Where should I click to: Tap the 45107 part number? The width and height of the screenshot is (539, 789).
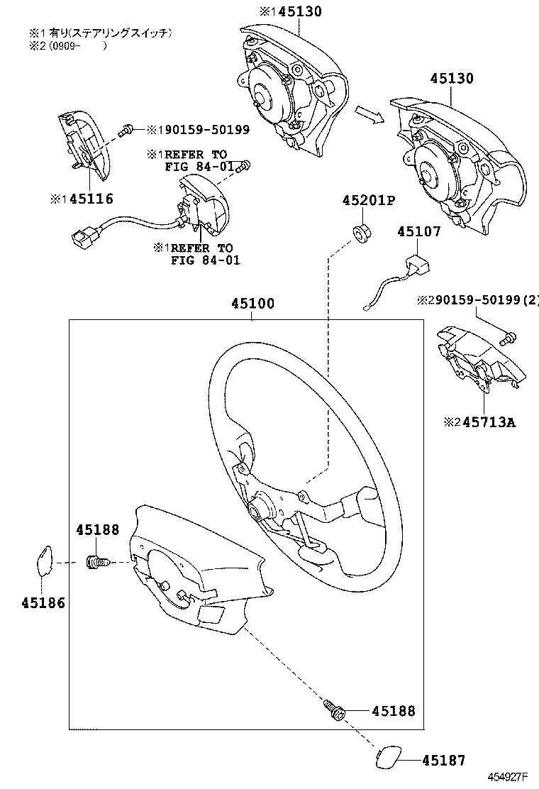click(418, 232)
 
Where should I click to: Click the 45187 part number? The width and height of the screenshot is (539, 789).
click(444, 761)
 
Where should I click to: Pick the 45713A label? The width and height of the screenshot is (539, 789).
click(489, 423)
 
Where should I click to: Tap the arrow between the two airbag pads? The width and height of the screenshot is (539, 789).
click(369, 114)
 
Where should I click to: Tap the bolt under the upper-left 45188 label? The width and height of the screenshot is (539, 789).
click(97, 563)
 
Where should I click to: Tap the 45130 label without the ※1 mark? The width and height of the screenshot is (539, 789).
click(450, 79)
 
